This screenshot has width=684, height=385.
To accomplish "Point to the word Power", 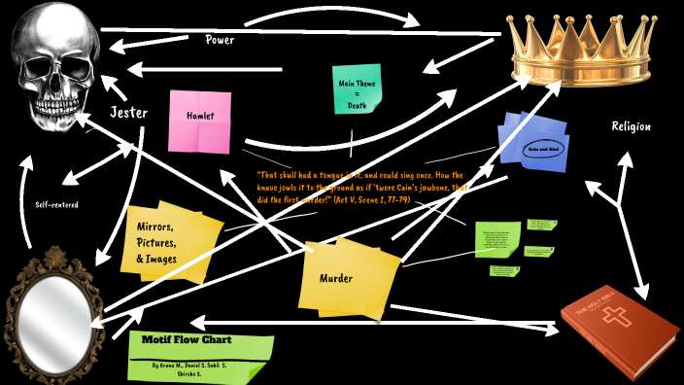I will pyautogui.click(x=220, y=40).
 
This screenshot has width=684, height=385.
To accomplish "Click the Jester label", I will pyautogui.click(x=128, y=113).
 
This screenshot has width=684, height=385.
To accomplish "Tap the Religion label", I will pyautogui.click(x=631, y=126).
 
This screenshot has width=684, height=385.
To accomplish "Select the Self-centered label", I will pyautogui.click(x=56, y=204).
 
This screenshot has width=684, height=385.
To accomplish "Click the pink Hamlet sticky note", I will pyautogui.click(x=201, y=120).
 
